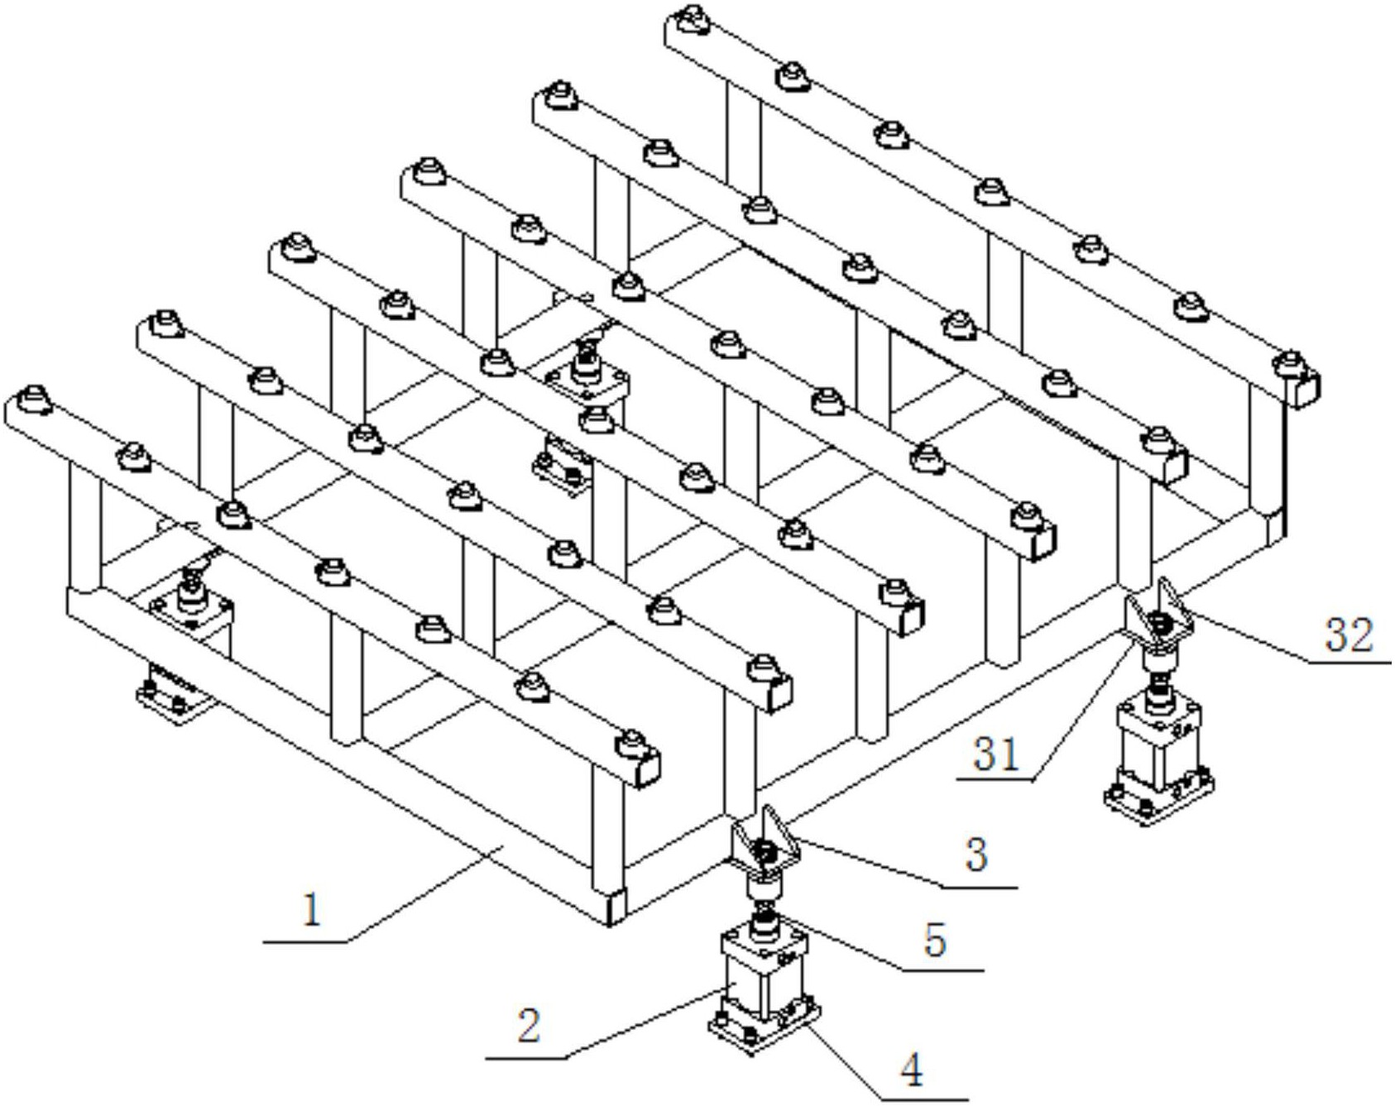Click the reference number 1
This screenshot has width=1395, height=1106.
pos(312,911)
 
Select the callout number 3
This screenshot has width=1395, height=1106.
pos(977,855)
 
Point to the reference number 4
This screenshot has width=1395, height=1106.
pos(912,1071)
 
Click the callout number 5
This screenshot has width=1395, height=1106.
pos(936,941)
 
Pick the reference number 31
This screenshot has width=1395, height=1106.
pos(995,754)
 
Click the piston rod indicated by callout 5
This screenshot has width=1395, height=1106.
pos(764,912)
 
